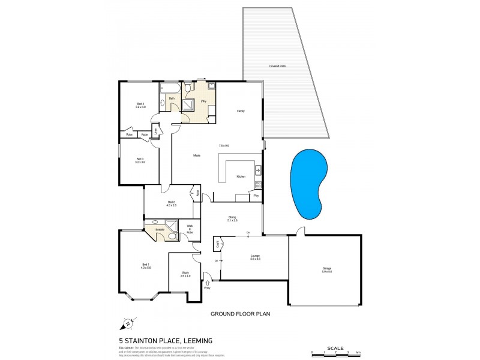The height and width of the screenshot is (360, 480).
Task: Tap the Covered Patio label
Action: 278,65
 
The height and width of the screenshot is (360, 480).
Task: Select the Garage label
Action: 326,269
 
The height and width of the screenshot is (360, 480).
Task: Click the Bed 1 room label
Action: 145,265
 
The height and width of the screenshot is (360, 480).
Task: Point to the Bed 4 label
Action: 140,104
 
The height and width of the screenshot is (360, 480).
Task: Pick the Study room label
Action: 185,273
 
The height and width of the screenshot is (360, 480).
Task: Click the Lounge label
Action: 255,256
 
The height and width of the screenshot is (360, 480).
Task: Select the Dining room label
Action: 232,217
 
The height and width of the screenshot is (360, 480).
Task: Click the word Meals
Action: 196,156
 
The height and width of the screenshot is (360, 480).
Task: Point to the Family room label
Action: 241,112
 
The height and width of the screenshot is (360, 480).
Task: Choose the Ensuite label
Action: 160,229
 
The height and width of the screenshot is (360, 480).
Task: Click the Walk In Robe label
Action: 190,229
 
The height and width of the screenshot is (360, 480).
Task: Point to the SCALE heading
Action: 335,347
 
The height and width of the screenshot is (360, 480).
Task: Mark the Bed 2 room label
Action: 171,202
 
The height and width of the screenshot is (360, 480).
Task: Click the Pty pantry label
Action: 256,196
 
